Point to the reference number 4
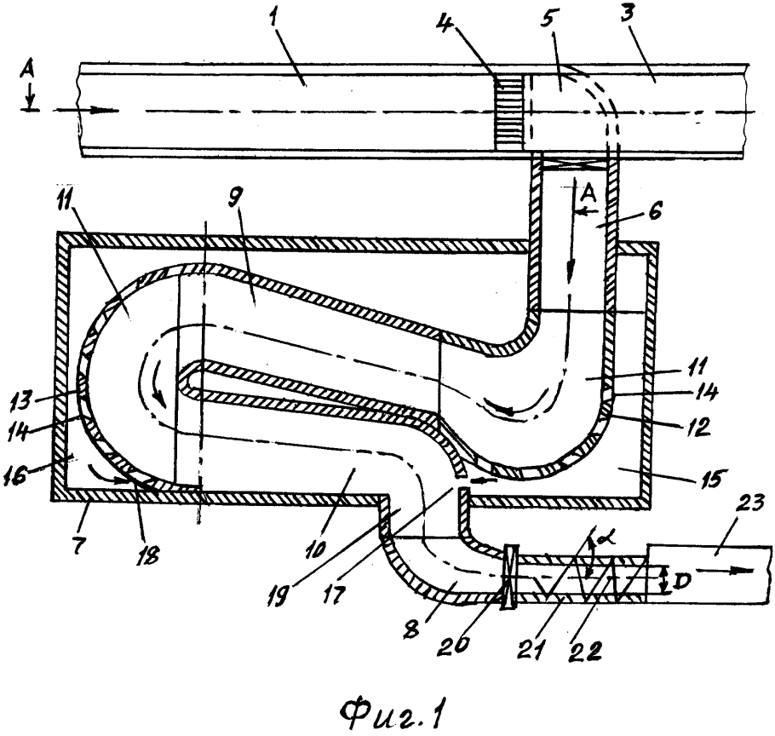[x=448, y=24]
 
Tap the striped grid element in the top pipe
[x=508, y=112]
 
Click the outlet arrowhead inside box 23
[x=743, y=570]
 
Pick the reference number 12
[x=697, y=427]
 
